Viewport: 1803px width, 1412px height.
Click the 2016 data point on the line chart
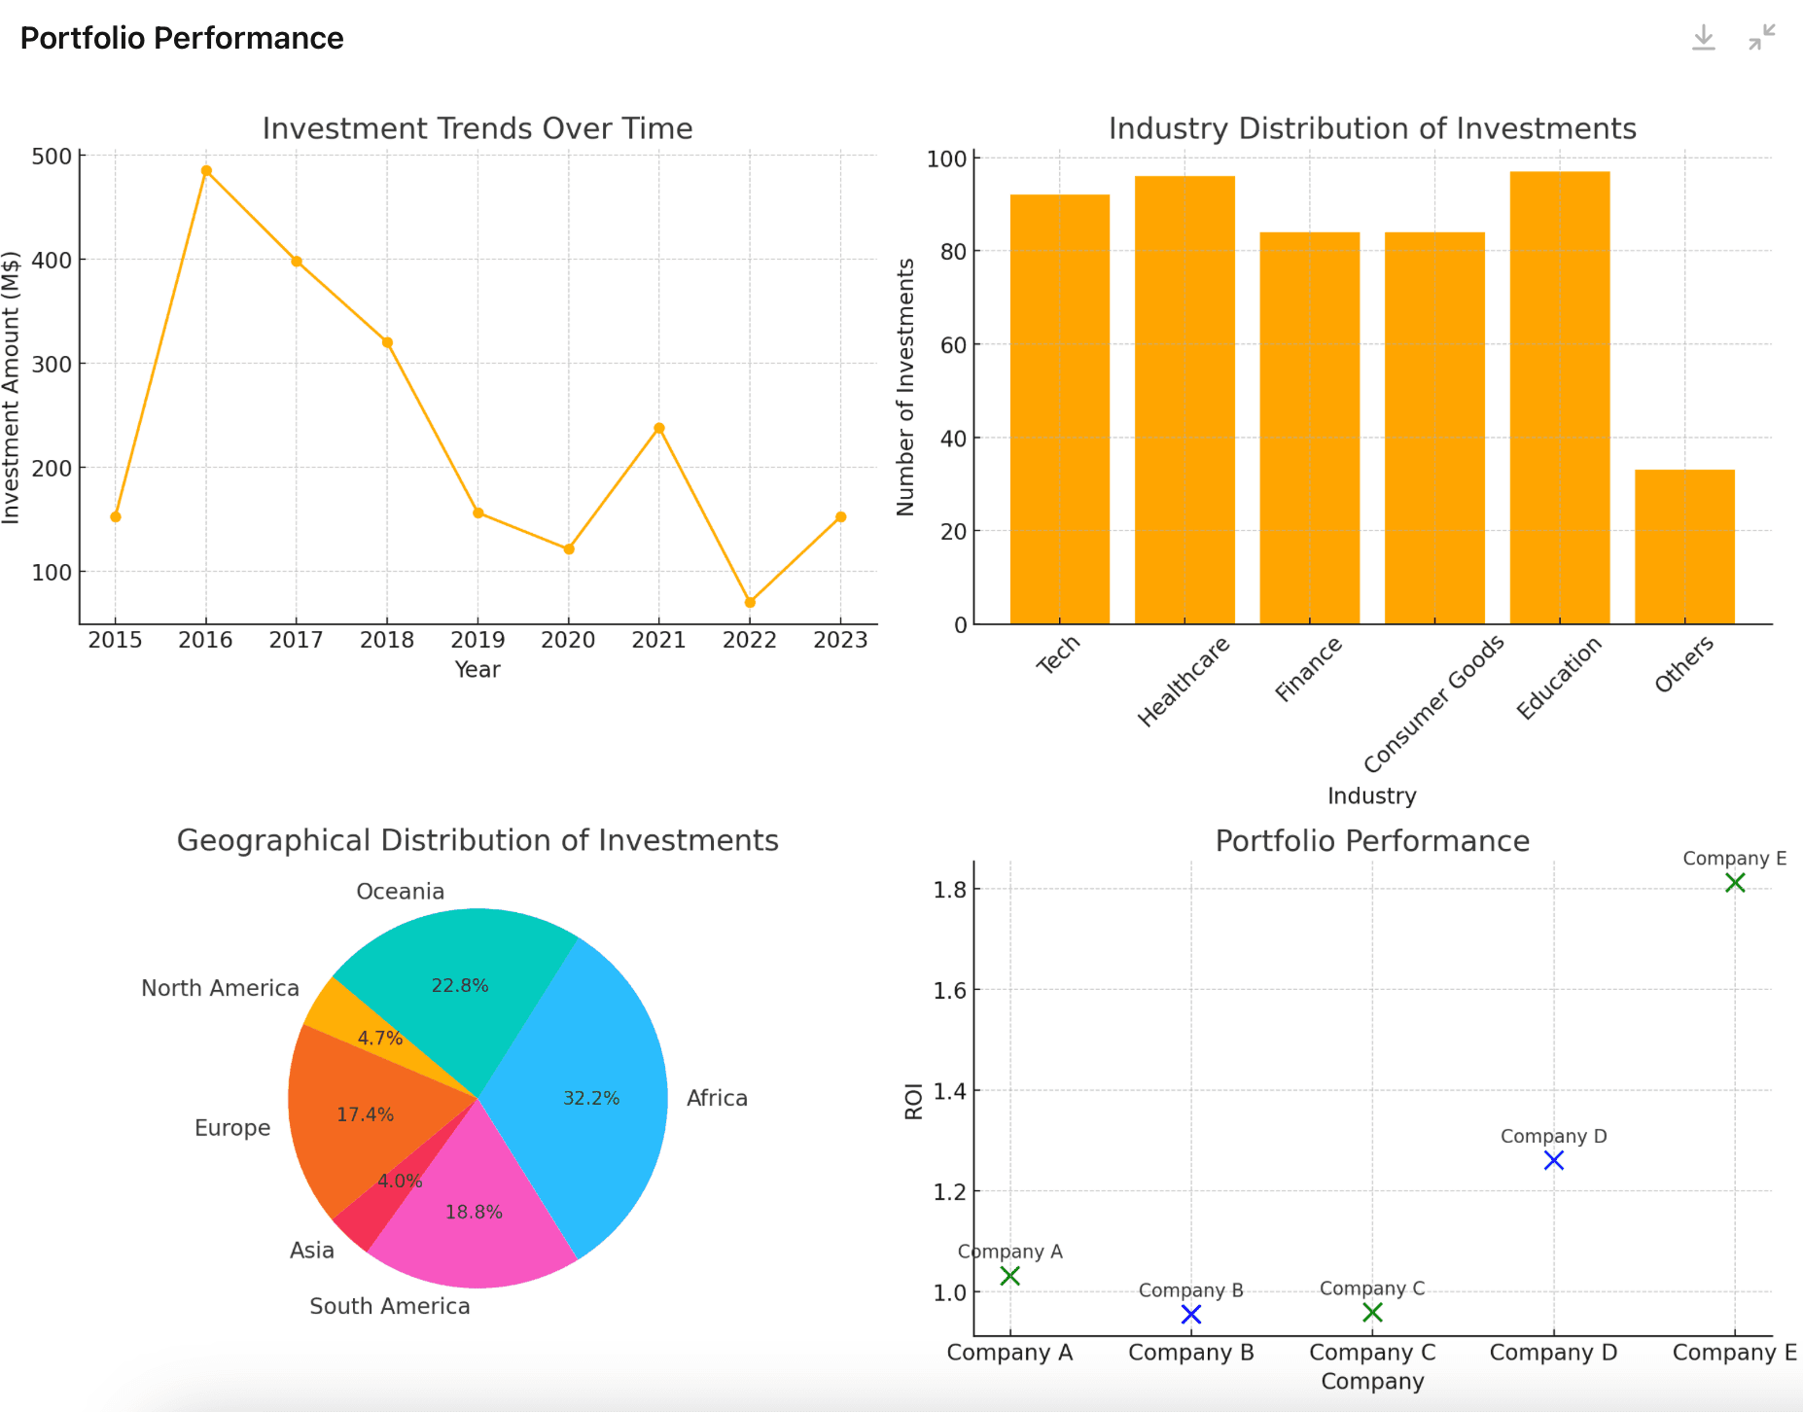(206, 171)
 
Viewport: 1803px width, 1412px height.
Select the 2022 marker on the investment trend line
(750, 602)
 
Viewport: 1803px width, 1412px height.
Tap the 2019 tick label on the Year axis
(477, 640)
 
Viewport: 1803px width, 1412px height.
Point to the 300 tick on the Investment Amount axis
(52, 365)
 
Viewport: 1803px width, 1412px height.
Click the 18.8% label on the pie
(474, 1213)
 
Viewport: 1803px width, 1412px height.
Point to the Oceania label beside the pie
(400, 892)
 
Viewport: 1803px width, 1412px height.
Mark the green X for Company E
(1735, 883)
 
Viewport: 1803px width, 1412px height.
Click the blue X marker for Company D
(1554, 1160)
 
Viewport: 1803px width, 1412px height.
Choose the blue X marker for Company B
(1191, 1315)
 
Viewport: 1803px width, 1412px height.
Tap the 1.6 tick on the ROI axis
(950, 991)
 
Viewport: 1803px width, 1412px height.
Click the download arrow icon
(1704, 38)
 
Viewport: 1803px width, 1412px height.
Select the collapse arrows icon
(1761, 38)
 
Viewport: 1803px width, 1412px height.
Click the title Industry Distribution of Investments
(1372, 128)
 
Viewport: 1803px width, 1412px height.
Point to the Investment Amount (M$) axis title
(11, 387)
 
